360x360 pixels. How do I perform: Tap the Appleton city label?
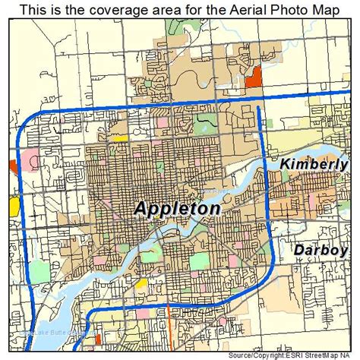point(178,208)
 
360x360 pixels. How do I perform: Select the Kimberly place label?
point(313,164)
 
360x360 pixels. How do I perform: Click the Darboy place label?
point(321,250)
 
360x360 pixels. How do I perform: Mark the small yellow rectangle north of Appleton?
point(119,138)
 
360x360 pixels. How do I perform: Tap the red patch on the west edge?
point(13,166)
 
